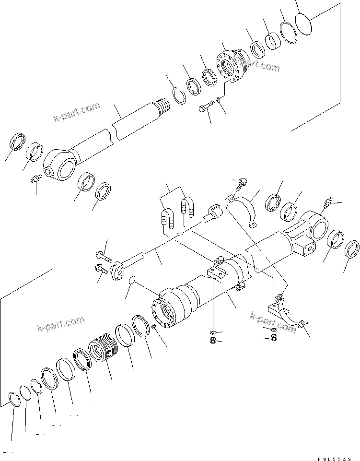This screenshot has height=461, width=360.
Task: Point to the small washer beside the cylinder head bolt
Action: pos(219,99)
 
